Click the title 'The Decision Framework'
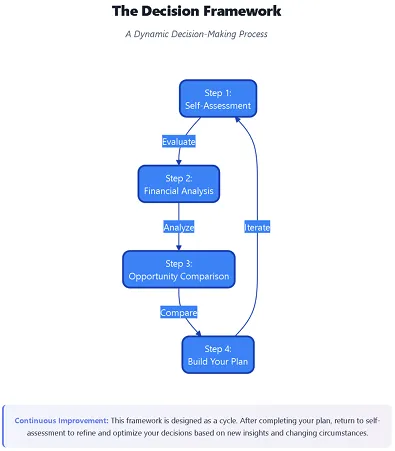coord(196,12)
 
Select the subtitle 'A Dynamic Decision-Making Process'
coord(196,34)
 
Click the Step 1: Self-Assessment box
coord(218,98)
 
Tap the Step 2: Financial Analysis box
coord(178,184)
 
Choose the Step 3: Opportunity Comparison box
coord(178,269)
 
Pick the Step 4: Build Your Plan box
coord(218,354)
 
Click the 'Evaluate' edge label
coord(179,141)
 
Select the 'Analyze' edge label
coord(178,227)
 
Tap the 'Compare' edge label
coord(178,313)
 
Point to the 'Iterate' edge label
coord(257,227)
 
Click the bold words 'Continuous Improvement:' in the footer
coord(60,421)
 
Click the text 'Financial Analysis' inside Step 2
coord(178,190)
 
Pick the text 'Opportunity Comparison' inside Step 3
coord(178,276)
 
